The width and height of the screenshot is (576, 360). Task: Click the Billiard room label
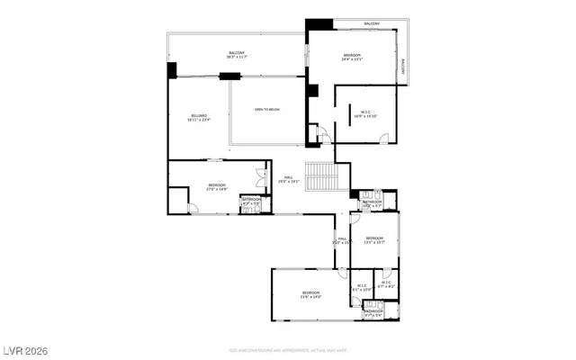click(199, 118)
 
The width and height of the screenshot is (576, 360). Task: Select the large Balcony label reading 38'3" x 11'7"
click(238, 55)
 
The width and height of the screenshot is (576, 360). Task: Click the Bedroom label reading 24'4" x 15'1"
click(352, 58)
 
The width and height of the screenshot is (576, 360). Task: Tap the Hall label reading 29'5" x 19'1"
click(290, 178)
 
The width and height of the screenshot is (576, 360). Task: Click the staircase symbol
click(321, 175)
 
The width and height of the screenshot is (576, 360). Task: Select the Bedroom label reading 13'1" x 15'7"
click(374, 240)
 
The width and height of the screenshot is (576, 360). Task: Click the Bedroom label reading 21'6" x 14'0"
click(310, 295)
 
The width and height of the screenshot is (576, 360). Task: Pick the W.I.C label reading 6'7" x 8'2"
click(386, 284)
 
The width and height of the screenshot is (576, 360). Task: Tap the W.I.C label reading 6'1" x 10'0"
click(362, 288)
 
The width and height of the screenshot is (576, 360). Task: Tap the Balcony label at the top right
click(372, 23)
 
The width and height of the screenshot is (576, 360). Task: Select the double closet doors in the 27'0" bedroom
click(261, 178)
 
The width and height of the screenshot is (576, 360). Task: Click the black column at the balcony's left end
click(172, 69)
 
